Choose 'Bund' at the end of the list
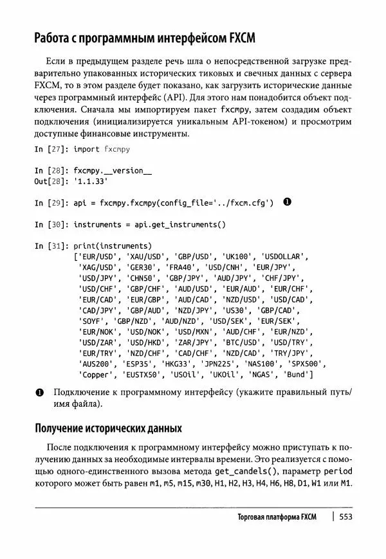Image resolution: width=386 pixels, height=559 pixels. tap(297, 375)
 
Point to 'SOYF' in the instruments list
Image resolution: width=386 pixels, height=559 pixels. tap(93, 321)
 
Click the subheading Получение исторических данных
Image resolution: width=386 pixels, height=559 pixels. tap(108, 428)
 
